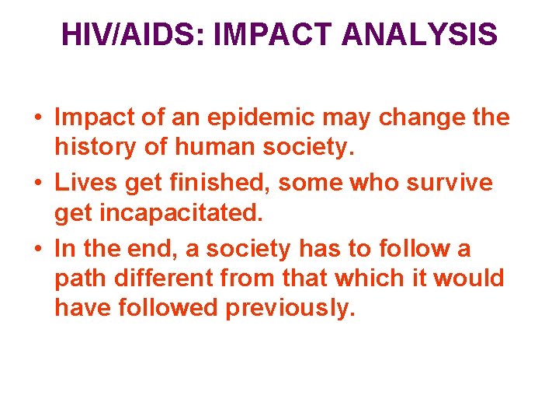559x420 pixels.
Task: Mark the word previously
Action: pyautogui.click(x=290, y=307)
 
